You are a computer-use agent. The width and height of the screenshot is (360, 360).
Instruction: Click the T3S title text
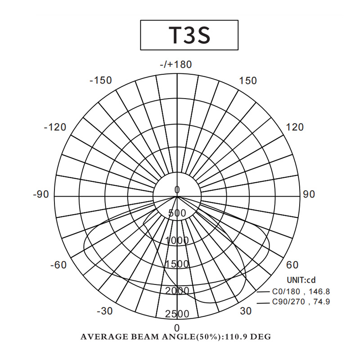189,35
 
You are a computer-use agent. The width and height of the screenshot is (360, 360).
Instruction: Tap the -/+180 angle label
176,64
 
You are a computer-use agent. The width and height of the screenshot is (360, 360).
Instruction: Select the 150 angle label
248,81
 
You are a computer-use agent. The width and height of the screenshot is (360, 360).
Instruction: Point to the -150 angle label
100,81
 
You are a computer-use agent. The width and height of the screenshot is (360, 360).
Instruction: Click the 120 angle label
295,127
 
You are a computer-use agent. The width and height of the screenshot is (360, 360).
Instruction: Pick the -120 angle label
55,127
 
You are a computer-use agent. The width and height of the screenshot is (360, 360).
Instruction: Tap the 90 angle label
309,194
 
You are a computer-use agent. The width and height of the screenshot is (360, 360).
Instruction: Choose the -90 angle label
41,194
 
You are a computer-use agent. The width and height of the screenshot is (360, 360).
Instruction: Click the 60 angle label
292,265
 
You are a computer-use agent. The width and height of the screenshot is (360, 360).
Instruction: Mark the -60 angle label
58,265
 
